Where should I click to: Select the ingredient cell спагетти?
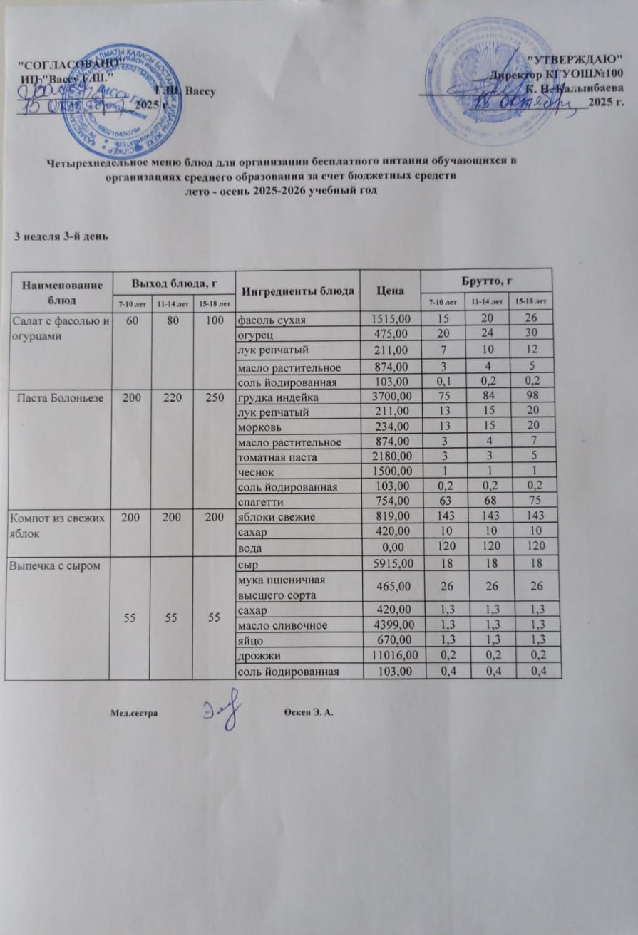259,501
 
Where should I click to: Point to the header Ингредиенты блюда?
298,291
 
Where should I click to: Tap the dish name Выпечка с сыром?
47,566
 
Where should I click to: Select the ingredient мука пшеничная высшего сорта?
274,589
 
